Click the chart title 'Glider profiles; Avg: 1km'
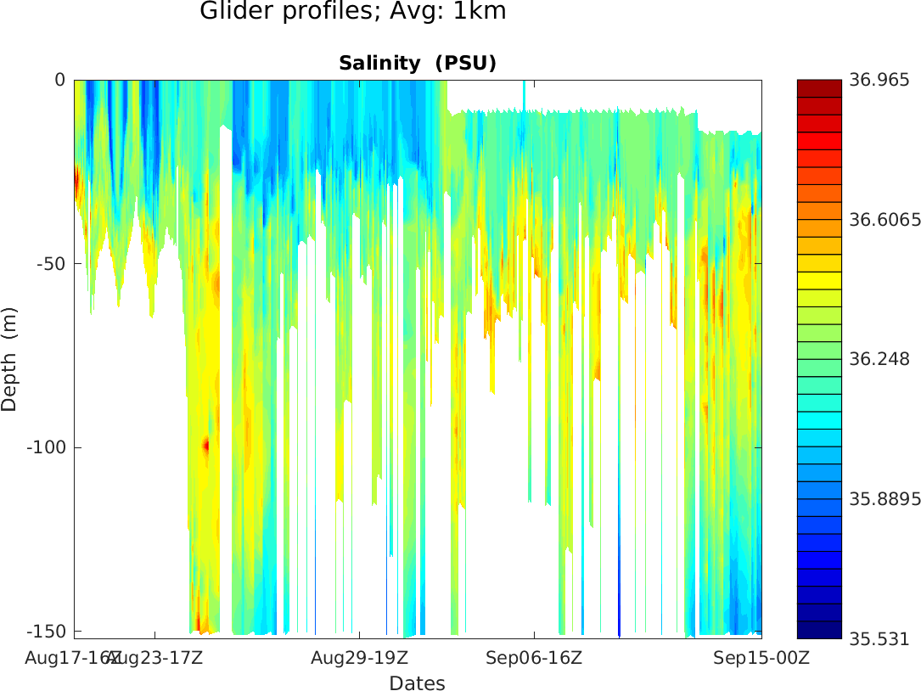click(352, 12)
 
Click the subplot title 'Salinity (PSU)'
click(417, 64)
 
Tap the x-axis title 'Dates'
click(417, 683)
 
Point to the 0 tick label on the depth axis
click(59, 80)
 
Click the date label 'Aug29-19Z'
click(359, 658)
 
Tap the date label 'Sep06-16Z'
click(534, 658)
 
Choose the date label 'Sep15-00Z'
click(750, 658)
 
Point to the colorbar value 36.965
click(879, 81)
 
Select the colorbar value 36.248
click(879, 359)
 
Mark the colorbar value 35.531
click(879, 638)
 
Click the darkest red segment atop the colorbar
click(818, 87)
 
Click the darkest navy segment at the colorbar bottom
click(818, 630)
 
